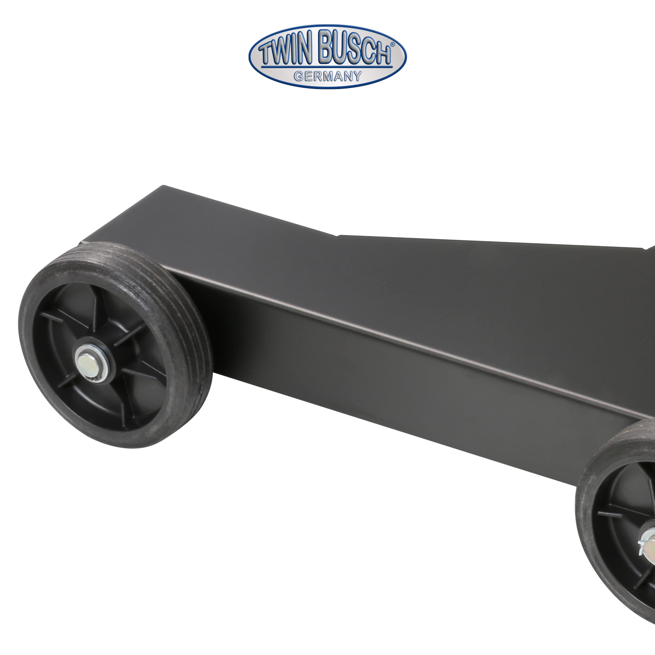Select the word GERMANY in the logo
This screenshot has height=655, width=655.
[327, 76]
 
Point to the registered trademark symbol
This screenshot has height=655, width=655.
[392, 45]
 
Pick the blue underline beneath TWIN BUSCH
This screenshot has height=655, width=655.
[327, 67]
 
